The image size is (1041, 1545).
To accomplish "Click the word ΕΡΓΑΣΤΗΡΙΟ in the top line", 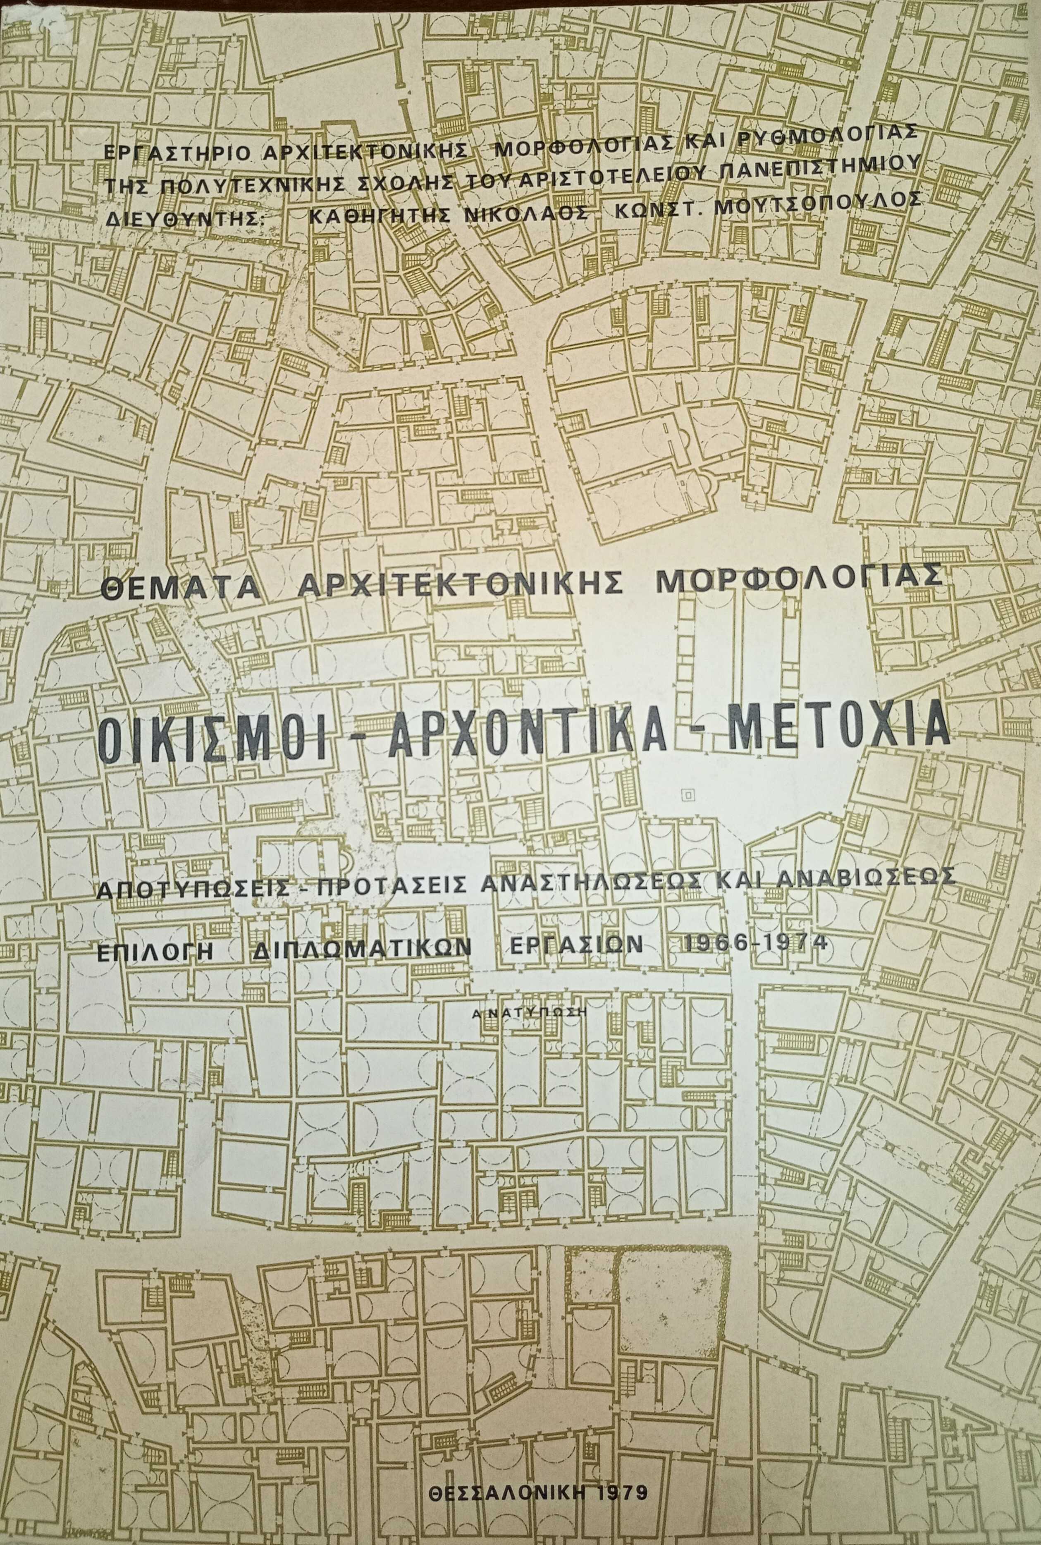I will [x=178, y=151].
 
